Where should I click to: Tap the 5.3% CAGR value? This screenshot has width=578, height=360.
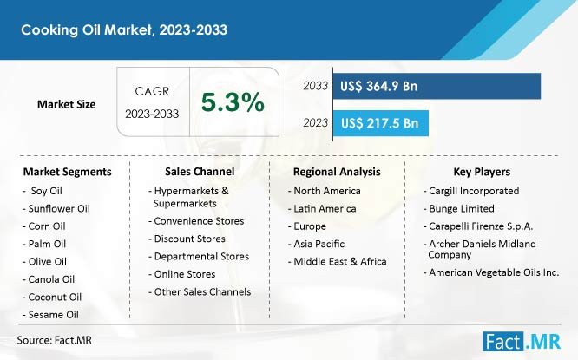click(233, 103)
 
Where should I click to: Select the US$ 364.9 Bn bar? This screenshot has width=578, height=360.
click(436, 86)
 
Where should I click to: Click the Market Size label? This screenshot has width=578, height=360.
click(67, 104)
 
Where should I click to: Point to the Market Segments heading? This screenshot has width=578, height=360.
click(67, 172)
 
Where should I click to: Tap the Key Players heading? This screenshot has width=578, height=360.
click(482, 172)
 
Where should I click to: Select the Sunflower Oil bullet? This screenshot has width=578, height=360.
click(59, 208)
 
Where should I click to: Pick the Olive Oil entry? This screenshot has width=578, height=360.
click(51, 261)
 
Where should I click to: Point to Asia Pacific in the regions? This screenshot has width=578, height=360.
click(319, 244)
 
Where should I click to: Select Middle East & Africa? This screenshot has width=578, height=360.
click(339, 261)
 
